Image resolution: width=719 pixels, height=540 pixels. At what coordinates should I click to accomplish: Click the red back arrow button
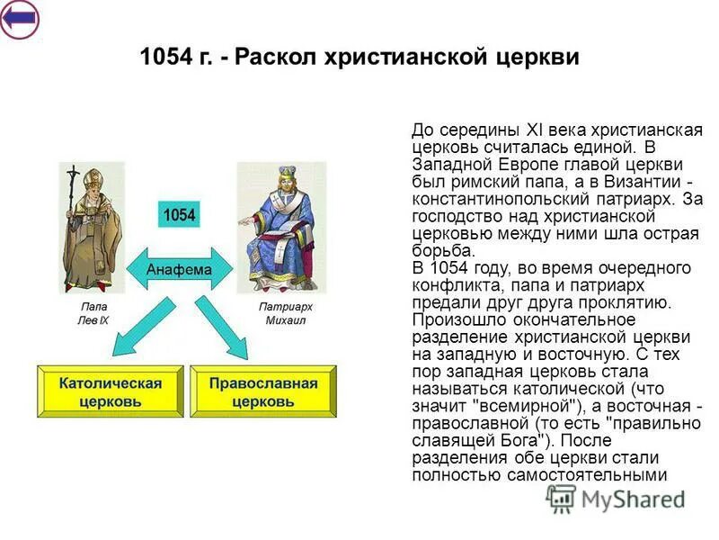click(19, 19)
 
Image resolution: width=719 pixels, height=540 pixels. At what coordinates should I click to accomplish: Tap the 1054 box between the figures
click(181, 215)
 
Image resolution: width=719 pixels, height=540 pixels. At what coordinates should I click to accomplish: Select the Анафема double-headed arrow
click(180, 268)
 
